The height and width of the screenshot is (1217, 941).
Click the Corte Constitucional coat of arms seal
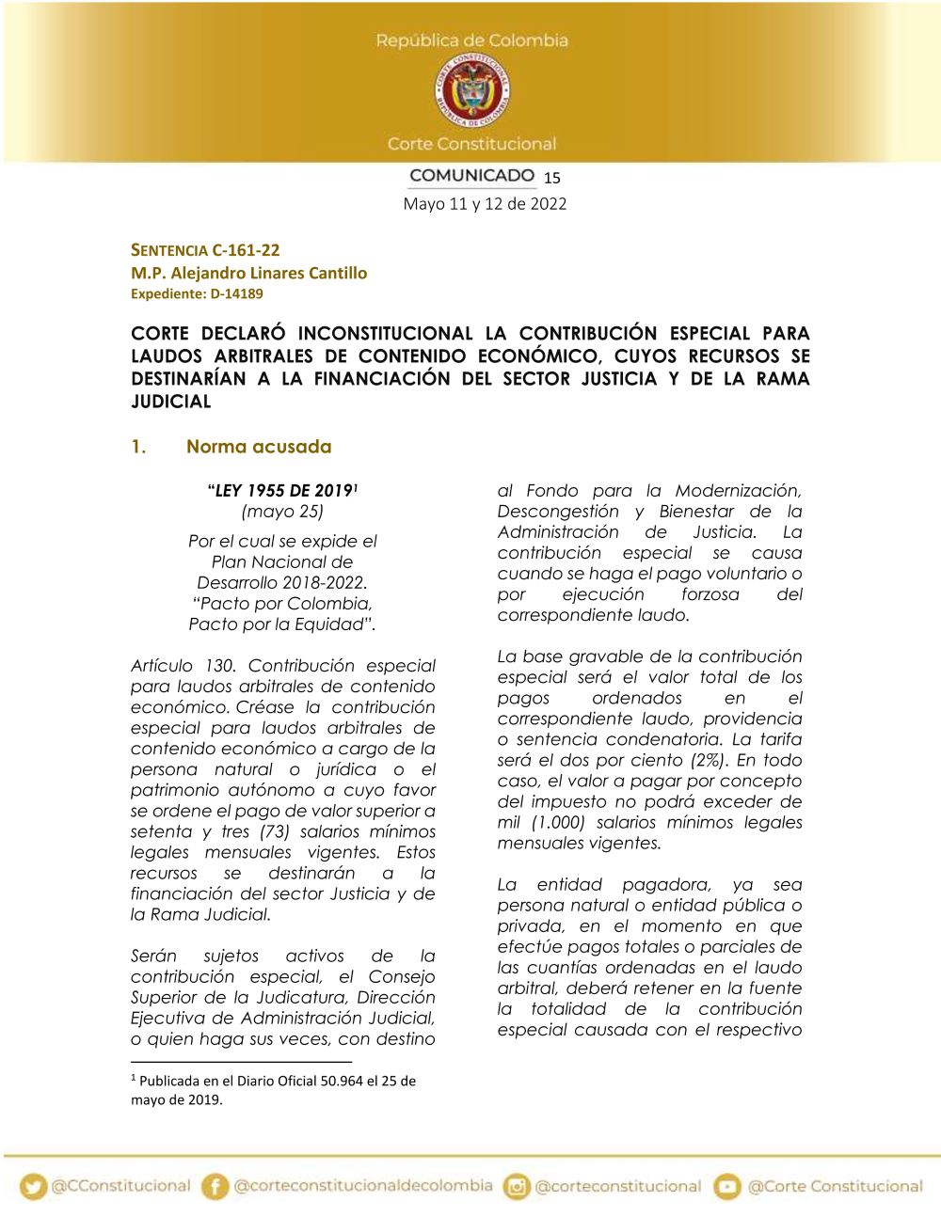[x=471, y=90]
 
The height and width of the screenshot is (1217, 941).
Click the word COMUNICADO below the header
[x=471, y=176]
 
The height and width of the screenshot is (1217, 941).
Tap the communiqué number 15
[x=552, y=178]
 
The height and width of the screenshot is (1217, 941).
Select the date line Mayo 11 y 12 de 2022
[x=485, y=204]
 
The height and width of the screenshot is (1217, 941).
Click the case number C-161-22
[x=246, y=250]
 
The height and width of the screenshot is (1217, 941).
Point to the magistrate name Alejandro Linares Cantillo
[x=269, y=273]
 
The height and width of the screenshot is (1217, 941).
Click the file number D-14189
[x=236, y=293]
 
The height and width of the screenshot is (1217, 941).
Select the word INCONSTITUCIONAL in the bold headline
[x=386, y=334]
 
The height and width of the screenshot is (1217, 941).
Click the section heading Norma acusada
[x=259, y=447]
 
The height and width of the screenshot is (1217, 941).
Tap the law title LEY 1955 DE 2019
[x=283, y=490]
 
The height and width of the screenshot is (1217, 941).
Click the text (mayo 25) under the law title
[x=282, y=512]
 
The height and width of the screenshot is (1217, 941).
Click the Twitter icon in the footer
[x=34, y=1187]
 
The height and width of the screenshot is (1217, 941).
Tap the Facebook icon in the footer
[x=215, y=1187]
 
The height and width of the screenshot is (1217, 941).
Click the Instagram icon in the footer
[x=517, y=1187]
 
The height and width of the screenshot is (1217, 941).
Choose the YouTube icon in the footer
[x=727, y=1187]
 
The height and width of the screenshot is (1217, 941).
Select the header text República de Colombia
[x=471, y=40]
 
